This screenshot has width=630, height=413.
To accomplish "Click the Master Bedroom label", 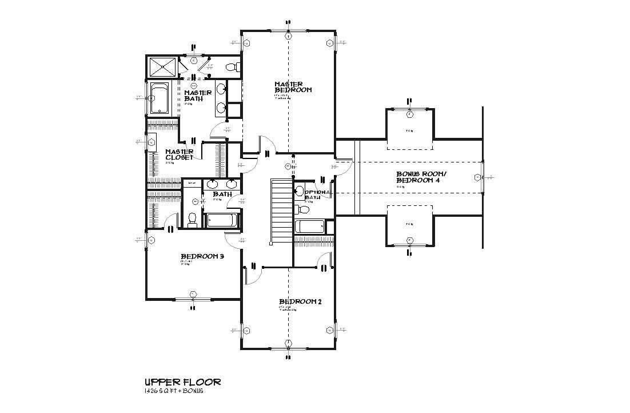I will pyautogui.click(x=293, y=87).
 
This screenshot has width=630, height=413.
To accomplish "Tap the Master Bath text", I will pyautogui.click(x=198, y=96).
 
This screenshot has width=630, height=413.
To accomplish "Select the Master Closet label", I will pyautogui.click(x=180, y=154).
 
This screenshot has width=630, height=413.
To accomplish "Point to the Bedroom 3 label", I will pyautogui.click(x=202, y=256).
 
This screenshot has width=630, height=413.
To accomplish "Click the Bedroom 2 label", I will pyautogui.click(x=300, y=301).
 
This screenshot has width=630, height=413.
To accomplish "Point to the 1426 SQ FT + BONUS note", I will pyautogui.click(x=174, y=391).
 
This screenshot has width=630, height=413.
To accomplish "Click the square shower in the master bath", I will pyautogui.click(x=162, y=67).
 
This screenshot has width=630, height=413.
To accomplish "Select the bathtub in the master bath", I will pyautogui.click(x=160, y=98).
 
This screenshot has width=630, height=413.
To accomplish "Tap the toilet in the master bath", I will pyautogui.click(x=232, y=67).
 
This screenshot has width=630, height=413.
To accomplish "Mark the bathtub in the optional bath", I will pyautogui.click(x=309, y=227).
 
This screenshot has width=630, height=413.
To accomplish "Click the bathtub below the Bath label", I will pyautogui.click(x=223, y=220).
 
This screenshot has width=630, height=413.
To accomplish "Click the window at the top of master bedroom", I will pyautogui.click(x=289, y=31).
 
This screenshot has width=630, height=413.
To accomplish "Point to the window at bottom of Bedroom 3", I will pyautogui.click(x=193, y=298).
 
